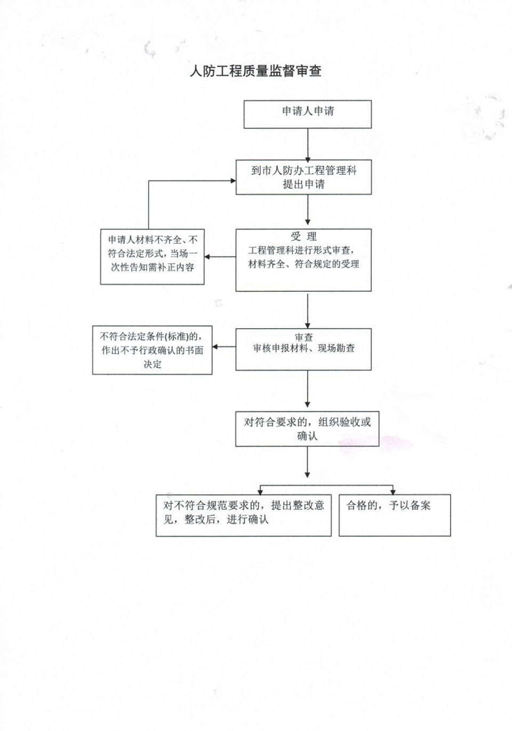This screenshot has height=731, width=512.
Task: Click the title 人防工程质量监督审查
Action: point(255,71)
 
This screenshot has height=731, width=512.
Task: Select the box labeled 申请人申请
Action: point(308,114)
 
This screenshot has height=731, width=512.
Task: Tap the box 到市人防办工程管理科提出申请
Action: point(303,177)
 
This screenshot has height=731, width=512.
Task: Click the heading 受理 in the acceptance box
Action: point(303,236)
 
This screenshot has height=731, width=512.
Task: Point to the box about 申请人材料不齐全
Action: point(153,257)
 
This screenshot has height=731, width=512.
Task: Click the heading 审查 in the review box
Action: point(303,337)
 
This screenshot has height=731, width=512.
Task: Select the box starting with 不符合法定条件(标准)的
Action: point(153,350)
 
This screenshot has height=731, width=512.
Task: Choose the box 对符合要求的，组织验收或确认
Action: point(307,429)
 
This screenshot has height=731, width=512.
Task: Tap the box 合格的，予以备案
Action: point(395,515)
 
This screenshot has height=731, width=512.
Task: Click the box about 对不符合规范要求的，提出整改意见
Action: point(244,515)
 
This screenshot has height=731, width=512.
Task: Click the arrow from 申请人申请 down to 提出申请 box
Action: point(308,145)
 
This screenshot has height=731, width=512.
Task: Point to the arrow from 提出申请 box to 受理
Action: point(308,210)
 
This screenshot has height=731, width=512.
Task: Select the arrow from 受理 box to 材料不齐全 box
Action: point(220,257)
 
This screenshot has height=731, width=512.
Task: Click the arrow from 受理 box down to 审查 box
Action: point(307,311)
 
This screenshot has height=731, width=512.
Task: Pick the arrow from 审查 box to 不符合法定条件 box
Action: point(224,347)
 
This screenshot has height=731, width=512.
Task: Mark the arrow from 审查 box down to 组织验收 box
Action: point(307,389)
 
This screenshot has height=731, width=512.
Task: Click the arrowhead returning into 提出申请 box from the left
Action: point(233,180)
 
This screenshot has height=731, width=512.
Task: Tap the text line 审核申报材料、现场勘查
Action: point(303,348)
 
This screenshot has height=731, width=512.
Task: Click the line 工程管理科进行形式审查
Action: point(302,250)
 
